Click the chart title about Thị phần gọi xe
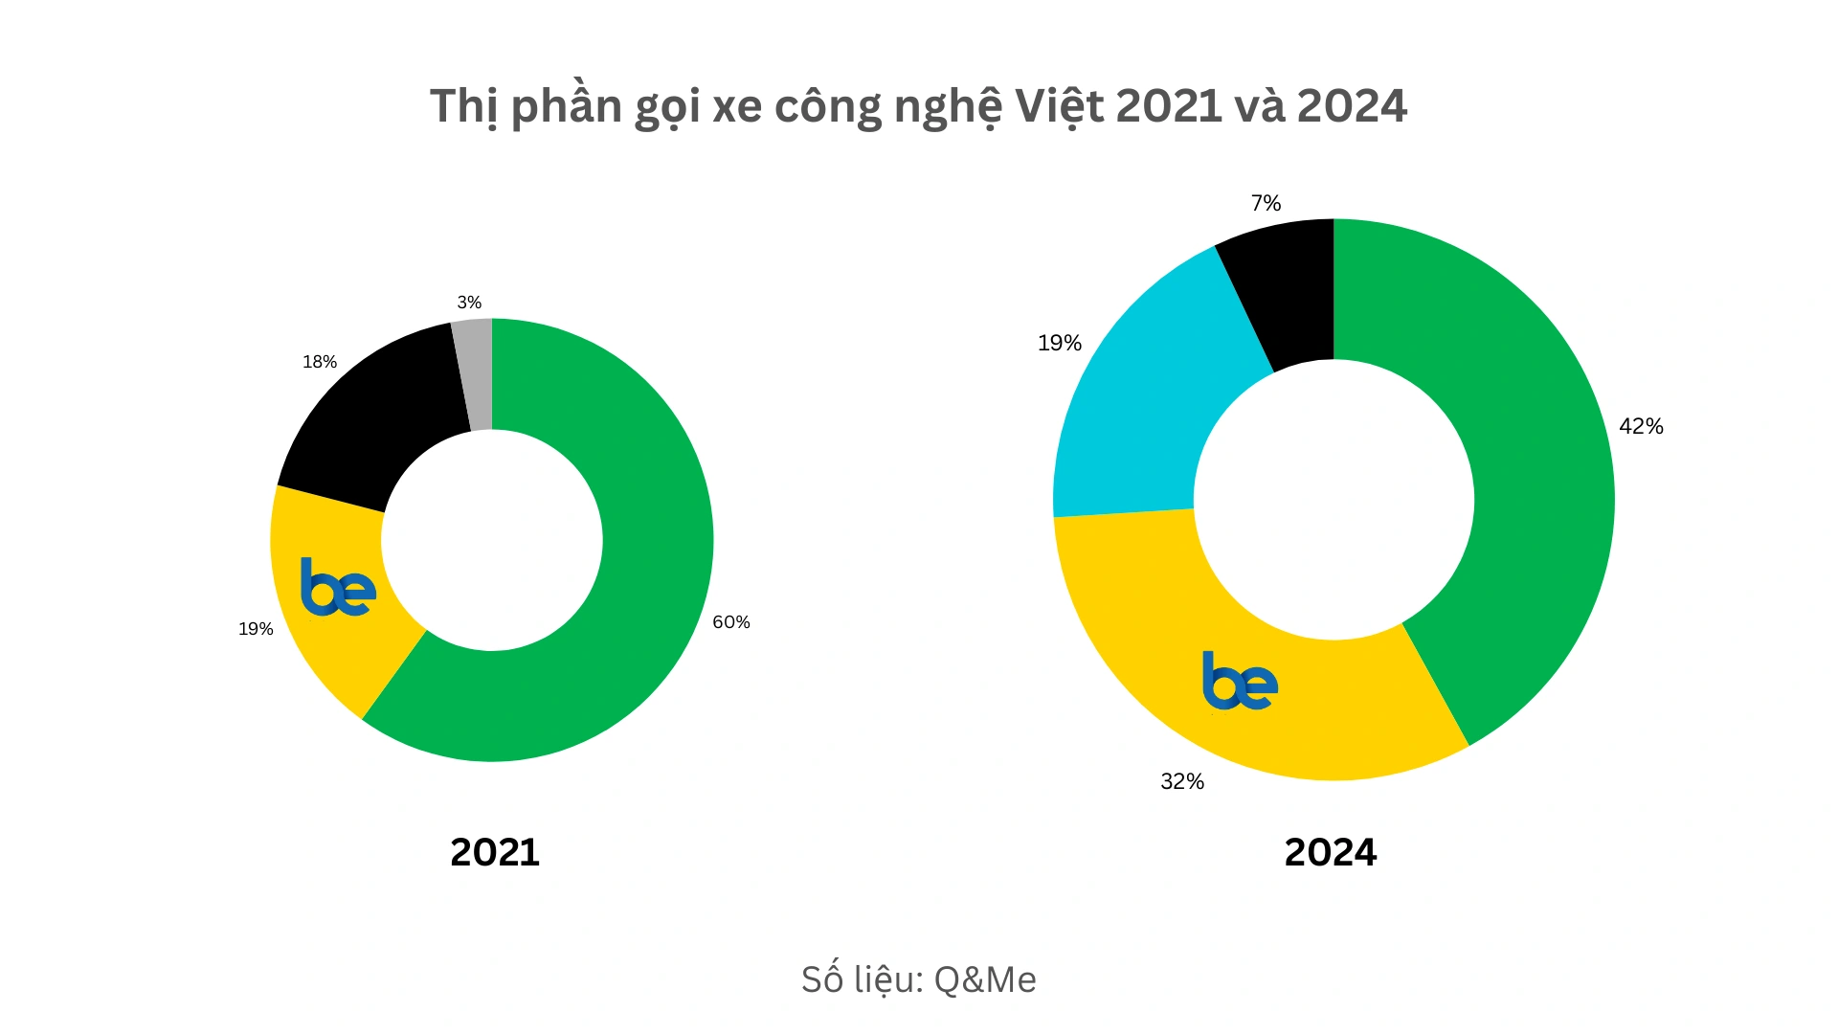[x=918, y=106]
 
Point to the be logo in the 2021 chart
[x=338, y=587]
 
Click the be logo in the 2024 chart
[x=1240, y=681]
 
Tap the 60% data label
[x=731, y=622]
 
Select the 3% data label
[x=469, y=303]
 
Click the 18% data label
[x=320, y=362]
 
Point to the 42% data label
[x=1641, y=427]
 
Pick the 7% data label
[x=1266, y=203]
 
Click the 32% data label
[x=1182, y=782]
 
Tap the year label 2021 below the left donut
[x=495, y=852]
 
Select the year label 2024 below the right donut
[x=1330, y=852]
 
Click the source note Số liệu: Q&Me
[x=918, y=979]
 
